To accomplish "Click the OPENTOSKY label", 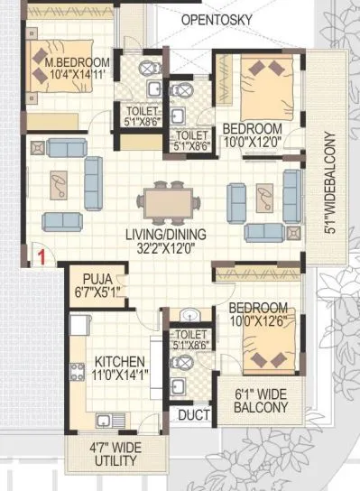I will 219,19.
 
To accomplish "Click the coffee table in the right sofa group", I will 267,195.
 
